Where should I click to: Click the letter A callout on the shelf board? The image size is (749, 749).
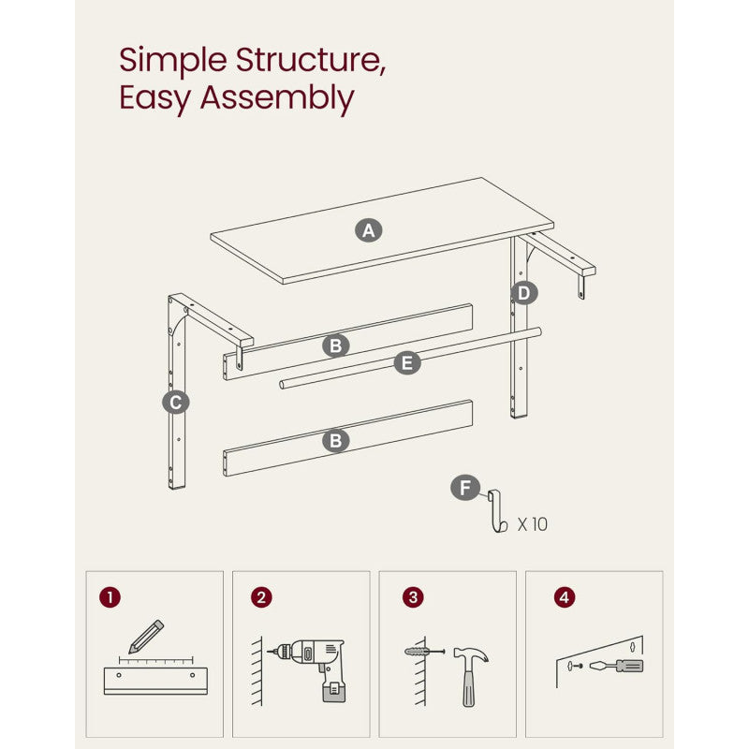pos(368,230)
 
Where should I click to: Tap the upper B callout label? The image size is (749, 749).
pos(336,345)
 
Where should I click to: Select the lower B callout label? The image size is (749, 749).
pos(336,440)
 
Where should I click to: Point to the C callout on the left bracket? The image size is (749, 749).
pos(176,403)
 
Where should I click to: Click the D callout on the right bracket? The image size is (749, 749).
pos(524,293)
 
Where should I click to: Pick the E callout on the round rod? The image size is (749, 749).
pos(407,362)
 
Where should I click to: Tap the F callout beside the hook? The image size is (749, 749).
pos(464,488)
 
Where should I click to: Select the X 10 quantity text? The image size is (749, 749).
pos(533,524)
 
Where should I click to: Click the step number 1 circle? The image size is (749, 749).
pos(110,597)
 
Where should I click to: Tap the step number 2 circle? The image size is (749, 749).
pos(261,597)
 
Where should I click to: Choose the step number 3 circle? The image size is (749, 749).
pos(413,597)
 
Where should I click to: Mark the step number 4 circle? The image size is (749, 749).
pos(565,597)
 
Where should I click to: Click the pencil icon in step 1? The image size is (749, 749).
pos(146,637)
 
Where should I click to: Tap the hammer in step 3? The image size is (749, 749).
pos(470,676)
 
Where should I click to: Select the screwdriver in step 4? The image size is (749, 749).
pos(617,666)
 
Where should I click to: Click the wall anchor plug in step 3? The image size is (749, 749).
pos(424,651)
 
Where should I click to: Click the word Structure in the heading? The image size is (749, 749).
pos(311,60)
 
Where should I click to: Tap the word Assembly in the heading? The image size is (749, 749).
pos(277,98)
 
